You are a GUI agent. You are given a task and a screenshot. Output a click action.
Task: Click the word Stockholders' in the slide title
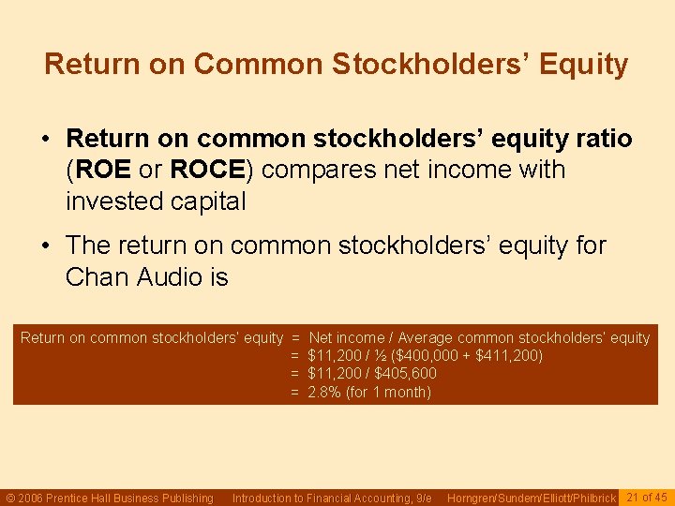(x=440, y=65)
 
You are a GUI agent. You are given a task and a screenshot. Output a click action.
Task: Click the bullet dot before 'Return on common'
(x=45, y=140)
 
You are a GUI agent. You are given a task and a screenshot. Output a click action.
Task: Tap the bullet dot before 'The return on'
(x=45, y=246)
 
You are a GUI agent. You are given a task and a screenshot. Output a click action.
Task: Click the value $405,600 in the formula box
(x=405, y=374)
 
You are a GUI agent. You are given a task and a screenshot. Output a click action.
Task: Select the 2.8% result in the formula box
(x=323, y=392)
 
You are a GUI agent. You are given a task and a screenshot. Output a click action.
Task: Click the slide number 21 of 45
(x=646, y=497)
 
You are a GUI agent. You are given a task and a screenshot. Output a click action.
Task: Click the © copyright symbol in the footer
(x=11, y=498)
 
